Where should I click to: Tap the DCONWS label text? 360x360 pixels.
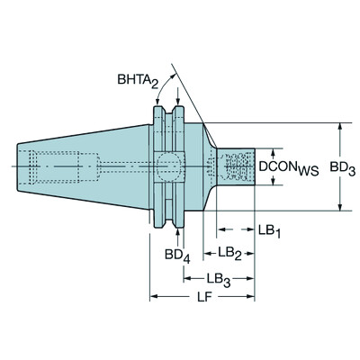click(x=285, y=167)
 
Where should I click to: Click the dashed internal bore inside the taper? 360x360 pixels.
click(x=58, y=166)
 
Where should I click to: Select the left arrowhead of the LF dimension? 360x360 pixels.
click(x=154, y=296)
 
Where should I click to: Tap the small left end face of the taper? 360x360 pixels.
click(x=18, y=166)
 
